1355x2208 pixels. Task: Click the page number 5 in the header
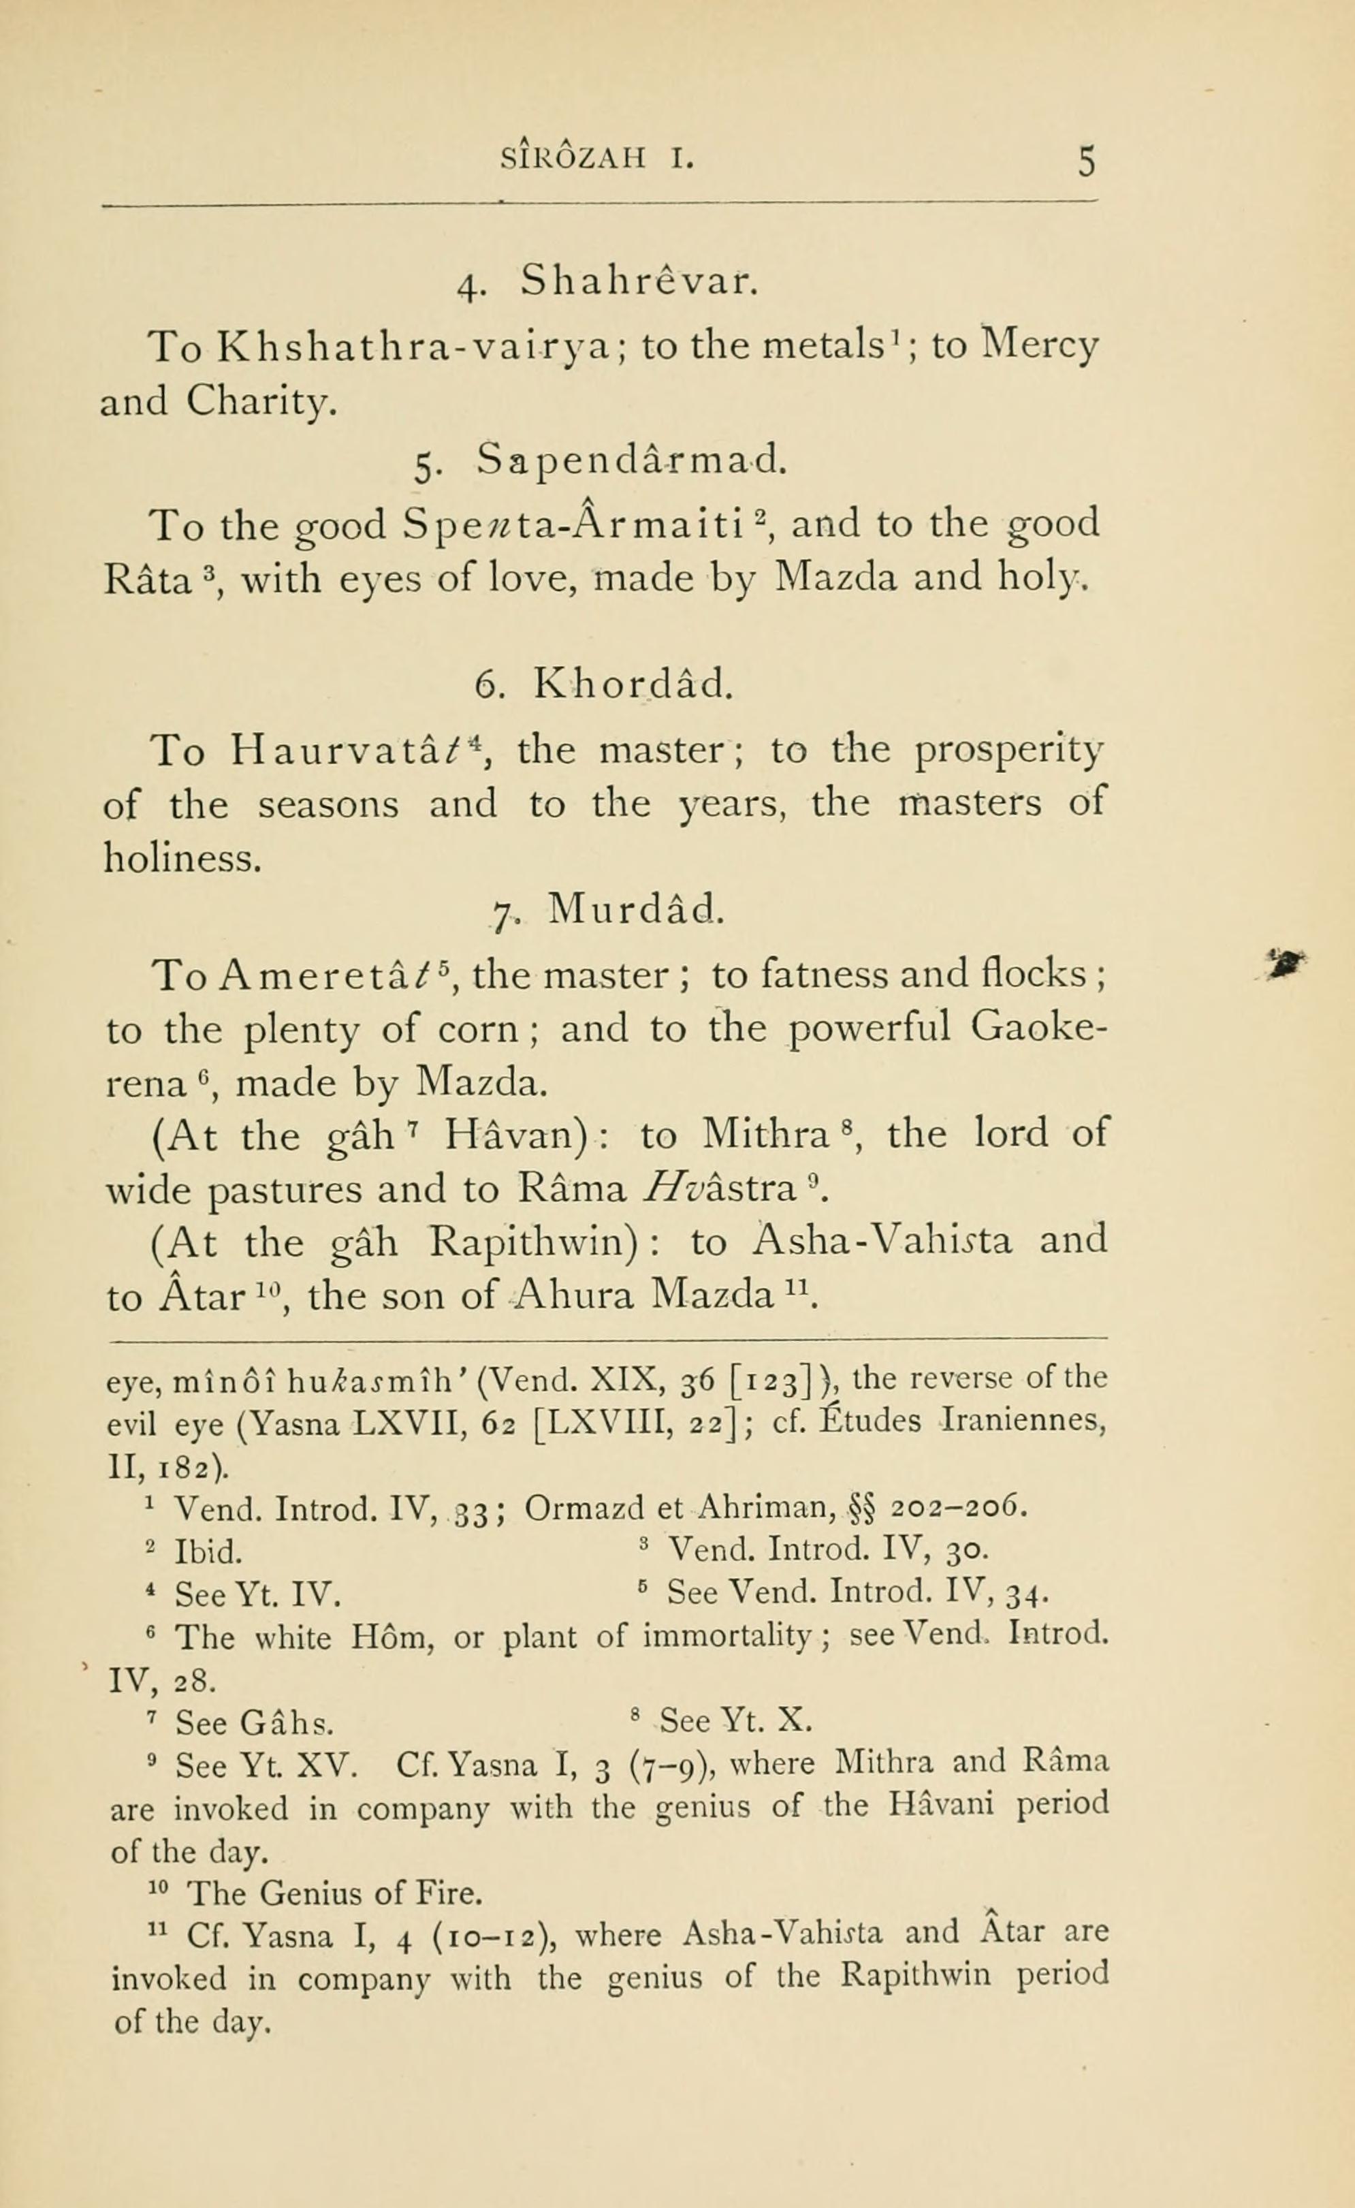[1086, 162]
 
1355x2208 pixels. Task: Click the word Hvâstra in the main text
[720, 1189]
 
